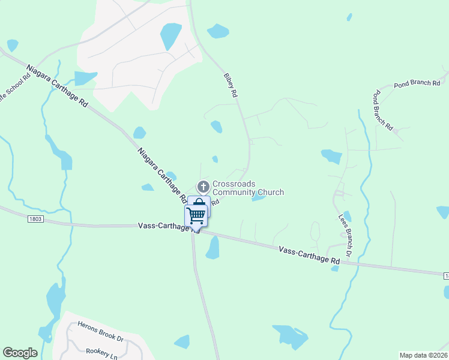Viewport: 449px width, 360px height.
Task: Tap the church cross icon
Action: click(203, 187)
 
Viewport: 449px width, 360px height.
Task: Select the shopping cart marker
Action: click(196, 215)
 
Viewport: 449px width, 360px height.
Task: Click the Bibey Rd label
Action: click(231, 85)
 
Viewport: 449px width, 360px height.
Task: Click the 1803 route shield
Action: click(35, 220)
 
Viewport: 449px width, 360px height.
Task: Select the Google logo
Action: click(20, 353)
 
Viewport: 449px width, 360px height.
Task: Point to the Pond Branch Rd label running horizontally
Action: click(417, 84)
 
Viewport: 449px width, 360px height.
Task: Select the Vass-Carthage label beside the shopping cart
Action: click(163, 226)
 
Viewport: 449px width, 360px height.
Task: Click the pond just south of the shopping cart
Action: click(212, 248)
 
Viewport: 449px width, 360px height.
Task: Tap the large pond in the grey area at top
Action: click(170, 36)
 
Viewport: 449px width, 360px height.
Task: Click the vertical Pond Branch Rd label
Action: click(382, 111)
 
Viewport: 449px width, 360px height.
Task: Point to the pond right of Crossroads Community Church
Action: click(259, 197)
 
